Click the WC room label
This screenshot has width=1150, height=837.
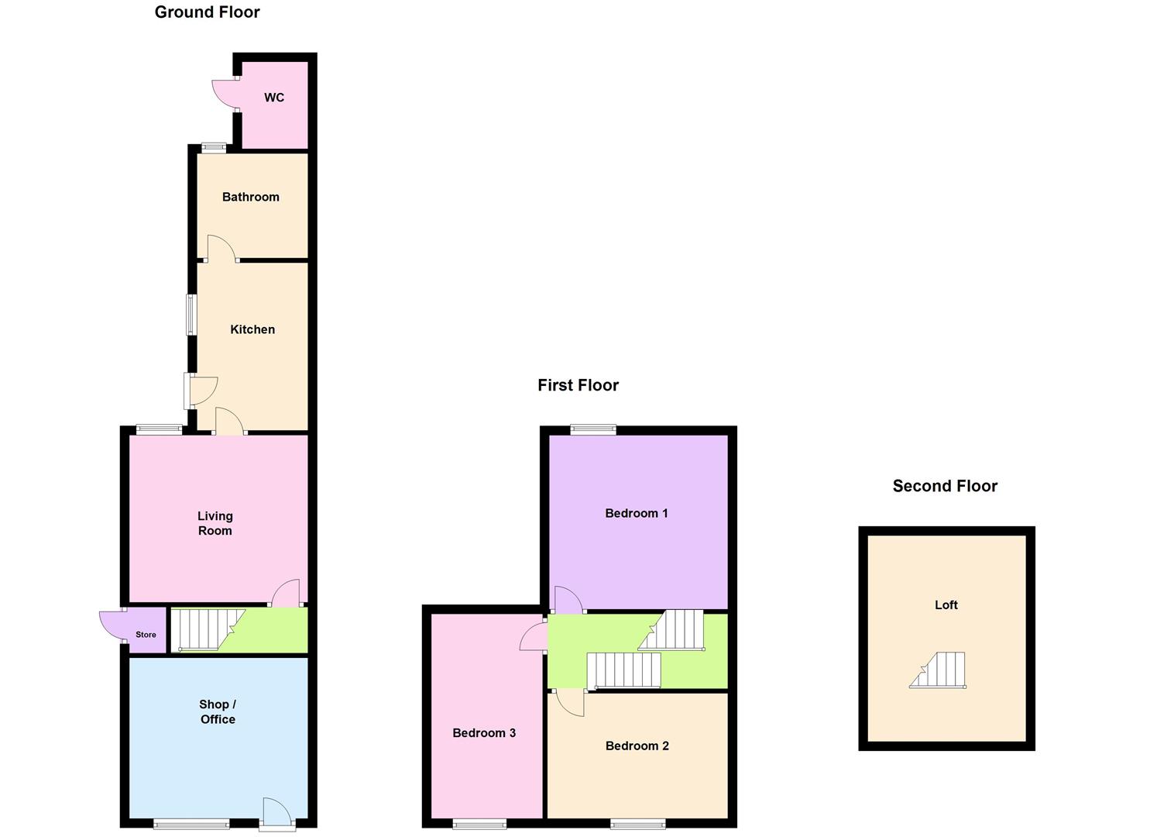[274, 98]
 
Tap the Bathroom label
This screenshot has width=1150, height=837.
[250, 197]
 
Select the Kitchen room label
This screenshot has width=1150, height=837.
[252, 329]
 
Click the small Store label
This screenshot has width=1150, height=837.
[146, 635]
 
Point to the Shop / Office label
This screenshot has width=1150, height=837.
[218, 711]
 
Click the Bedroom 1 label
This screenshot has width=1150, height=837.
[637, 513]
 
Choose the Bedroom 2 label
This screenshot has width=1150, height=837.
[637, 746]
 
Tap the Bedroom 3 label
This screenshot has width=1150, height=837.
[484, 733]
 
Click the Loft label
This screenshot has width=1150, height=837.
[946, 605]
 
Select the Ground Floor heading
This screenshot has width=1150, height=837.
[207, 12]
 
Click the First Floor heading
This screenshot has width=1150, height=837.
[578, 385]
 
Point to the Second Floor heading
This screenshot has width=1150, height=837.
[945, 486]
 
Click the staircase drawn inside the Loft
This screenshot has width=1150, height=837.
[939, 670]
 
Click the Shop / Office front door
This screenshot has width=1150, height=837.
[276, 813]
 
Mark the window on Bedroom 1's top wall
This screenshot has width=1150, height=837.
[594, 429]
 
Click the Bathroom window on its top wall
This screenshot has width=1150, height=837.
[214, 147]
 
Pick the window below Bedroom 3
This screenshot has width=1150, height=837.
[480, 824]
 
